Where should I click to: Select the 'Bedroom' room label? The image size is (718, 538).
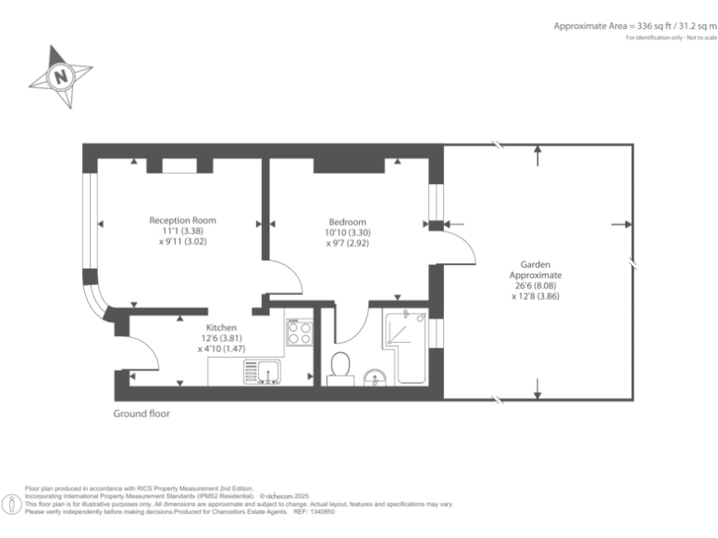(348, 220)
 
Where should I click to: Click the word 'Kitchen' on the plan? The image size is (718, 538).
(221, 328)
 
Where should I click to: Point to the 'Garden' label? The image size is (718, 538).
(536, 264)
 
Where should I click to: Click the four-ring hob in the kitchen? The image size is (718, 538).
(299, 332)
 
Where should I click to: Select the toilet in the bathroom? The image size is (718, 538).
(340, 366)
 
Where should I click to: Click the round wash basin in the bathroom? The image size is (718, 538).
(376, 378)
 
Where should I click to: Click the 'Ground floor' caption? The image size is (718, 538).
(142, 413)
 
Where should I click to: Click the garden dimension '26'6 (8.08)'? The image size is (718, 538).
(536, 287)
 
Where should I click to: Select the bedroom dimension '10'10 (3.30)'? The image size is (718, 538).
(348, 232)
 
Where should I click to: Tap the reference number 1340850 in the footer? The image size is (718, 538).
(322, 512)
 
